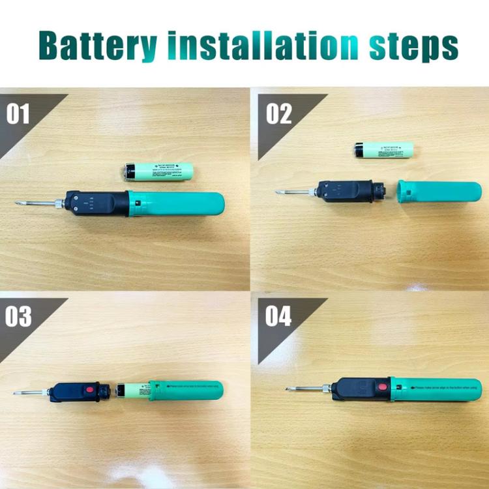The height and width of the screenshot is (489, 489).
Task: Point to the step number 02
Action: tap(278, 113)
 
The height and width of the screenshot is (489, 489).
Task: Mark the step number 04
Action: tap(278, 317)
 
